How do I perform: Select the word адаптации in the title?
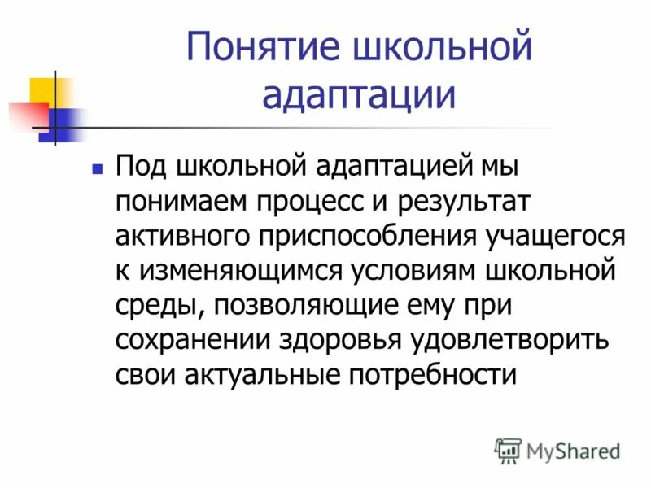tap(358, 95)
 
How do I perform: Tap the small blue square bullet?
tap(98, 170)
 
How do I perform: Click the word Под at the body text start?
tap(138, 168)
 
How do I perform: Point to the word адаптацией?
tap(386, 168)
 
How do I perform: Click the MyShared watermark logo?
tap(557, 450)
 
